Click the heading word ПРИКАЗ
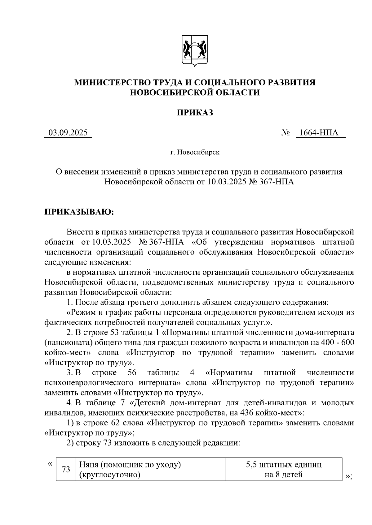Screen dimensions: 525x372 coord(195,113)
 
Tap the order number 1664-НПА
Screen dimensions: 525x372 coord(321,133)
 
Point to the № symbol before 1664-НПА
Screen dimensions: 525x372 coord(286,133)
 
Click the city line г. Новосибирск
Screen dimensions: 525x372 coord(195,153)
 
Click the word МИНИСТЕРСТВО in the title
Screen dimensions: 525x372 coord(112,82)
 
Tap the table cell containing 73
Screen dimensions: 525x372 coord(66,469)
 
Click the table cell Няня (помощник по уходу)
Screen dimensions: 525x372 coord(130,465)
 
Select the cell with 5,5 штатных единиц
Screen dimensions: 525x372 coord(283,465)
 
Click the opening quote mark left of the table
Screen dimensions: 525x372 coord(50,464)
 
